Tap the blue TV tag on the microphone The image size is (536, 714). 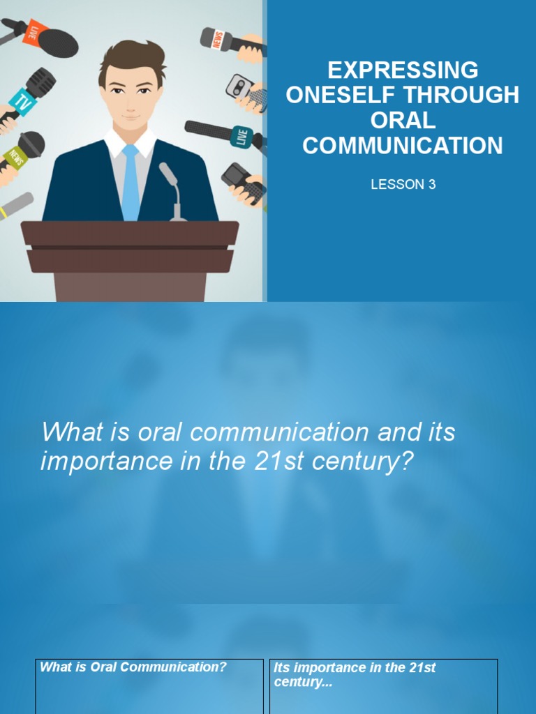point(23,103)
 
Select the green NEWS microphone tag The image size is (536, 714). point(15,156)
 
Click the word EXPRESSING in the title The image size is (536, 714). point(403,70)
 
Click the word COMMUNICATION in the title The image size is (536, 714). point(403,145)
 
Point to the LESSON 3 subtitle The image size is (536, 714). point(403,185)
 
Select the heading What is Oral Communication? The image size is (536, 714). point(133,667)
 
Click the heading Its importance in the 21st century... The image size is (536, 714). point(355,674)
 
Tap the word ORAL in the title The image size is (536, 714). point(403,120)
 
